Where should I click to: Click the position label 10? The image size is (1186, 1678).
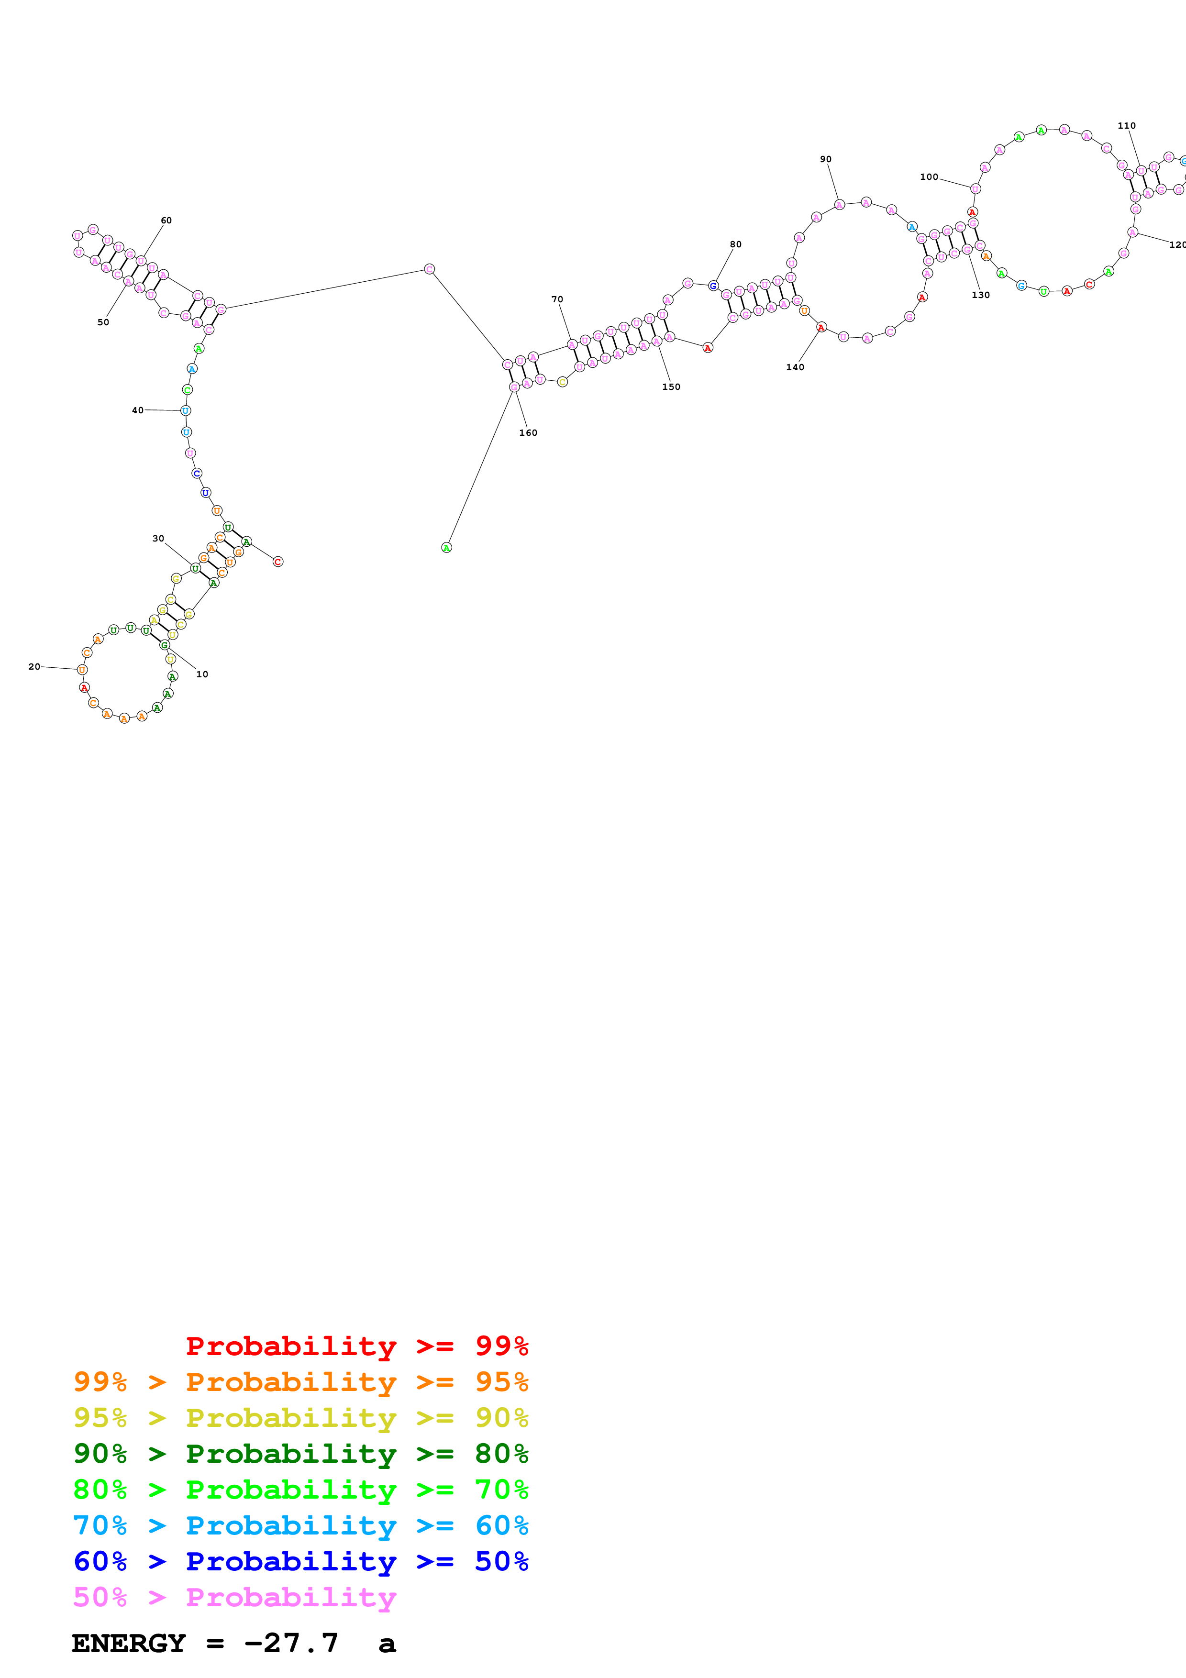[x=202, y=674]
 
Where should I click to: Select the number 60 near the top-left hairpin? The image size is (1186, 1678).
[x=166, y=220]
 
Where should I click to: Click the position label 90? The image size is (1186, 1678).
[x=825, y=159]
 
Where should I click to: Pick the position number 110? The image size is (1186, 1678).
[x=1126, y=126]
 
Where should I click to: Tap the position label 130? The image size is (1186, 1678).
[x=980, y=295]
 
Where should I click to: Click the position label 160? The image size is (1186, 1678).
[x=528, y=433]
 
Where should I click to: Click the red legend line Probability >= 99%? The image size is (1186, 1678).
[x=356, y=1346]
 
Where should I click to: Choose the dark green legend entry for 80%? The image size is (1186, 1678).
[x=300, y=1454]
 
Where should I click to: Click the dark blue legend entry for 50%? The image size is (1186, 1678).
[x=300, y=1561]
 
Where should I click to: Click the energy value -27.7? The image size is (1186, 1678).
[x=291, y=1643]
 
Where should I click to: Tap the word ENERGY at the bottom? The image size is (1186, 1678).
[x=129, y=1643]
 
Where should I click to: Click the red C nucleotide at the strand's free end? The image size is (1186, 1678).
[x=277, y=561]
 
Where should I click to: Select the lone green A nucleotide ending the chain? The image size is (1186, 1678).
[x=446, y=547]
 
